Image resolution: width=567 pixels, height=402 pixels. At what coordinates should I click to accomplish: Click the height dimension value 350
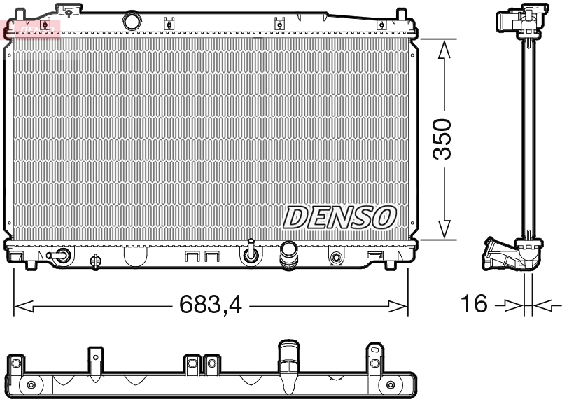(x=443, y=139)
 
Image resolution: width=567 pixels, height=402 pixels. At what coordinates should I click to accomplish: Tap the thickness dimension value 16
(x=474, y=304)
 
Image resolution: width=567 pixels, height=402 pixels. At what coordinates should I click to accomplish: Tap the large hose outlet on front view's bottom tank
(x=288, y=255)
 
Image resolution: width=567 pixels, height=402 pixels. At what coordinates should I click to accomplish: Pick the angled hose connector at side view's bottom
(x=498, y=254)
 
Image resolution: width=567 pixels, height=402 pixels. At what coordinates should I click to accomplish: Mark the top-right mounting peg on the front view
(x=401, y=15)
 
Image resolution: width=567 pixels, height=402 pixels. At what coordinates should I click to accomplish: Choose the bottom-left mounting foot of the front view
(x=31, y=264)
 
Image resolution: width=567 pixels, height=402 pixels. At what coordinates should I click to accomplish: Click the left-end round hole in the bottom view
(x=30, y=386)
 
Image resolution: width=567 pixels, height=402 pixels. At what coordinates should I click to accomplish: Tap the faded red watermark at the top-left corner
(x=31, y=28)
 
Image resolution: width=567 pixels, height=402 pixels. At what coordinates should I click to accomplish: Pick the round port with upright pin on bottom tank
(x=250, y=256)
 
